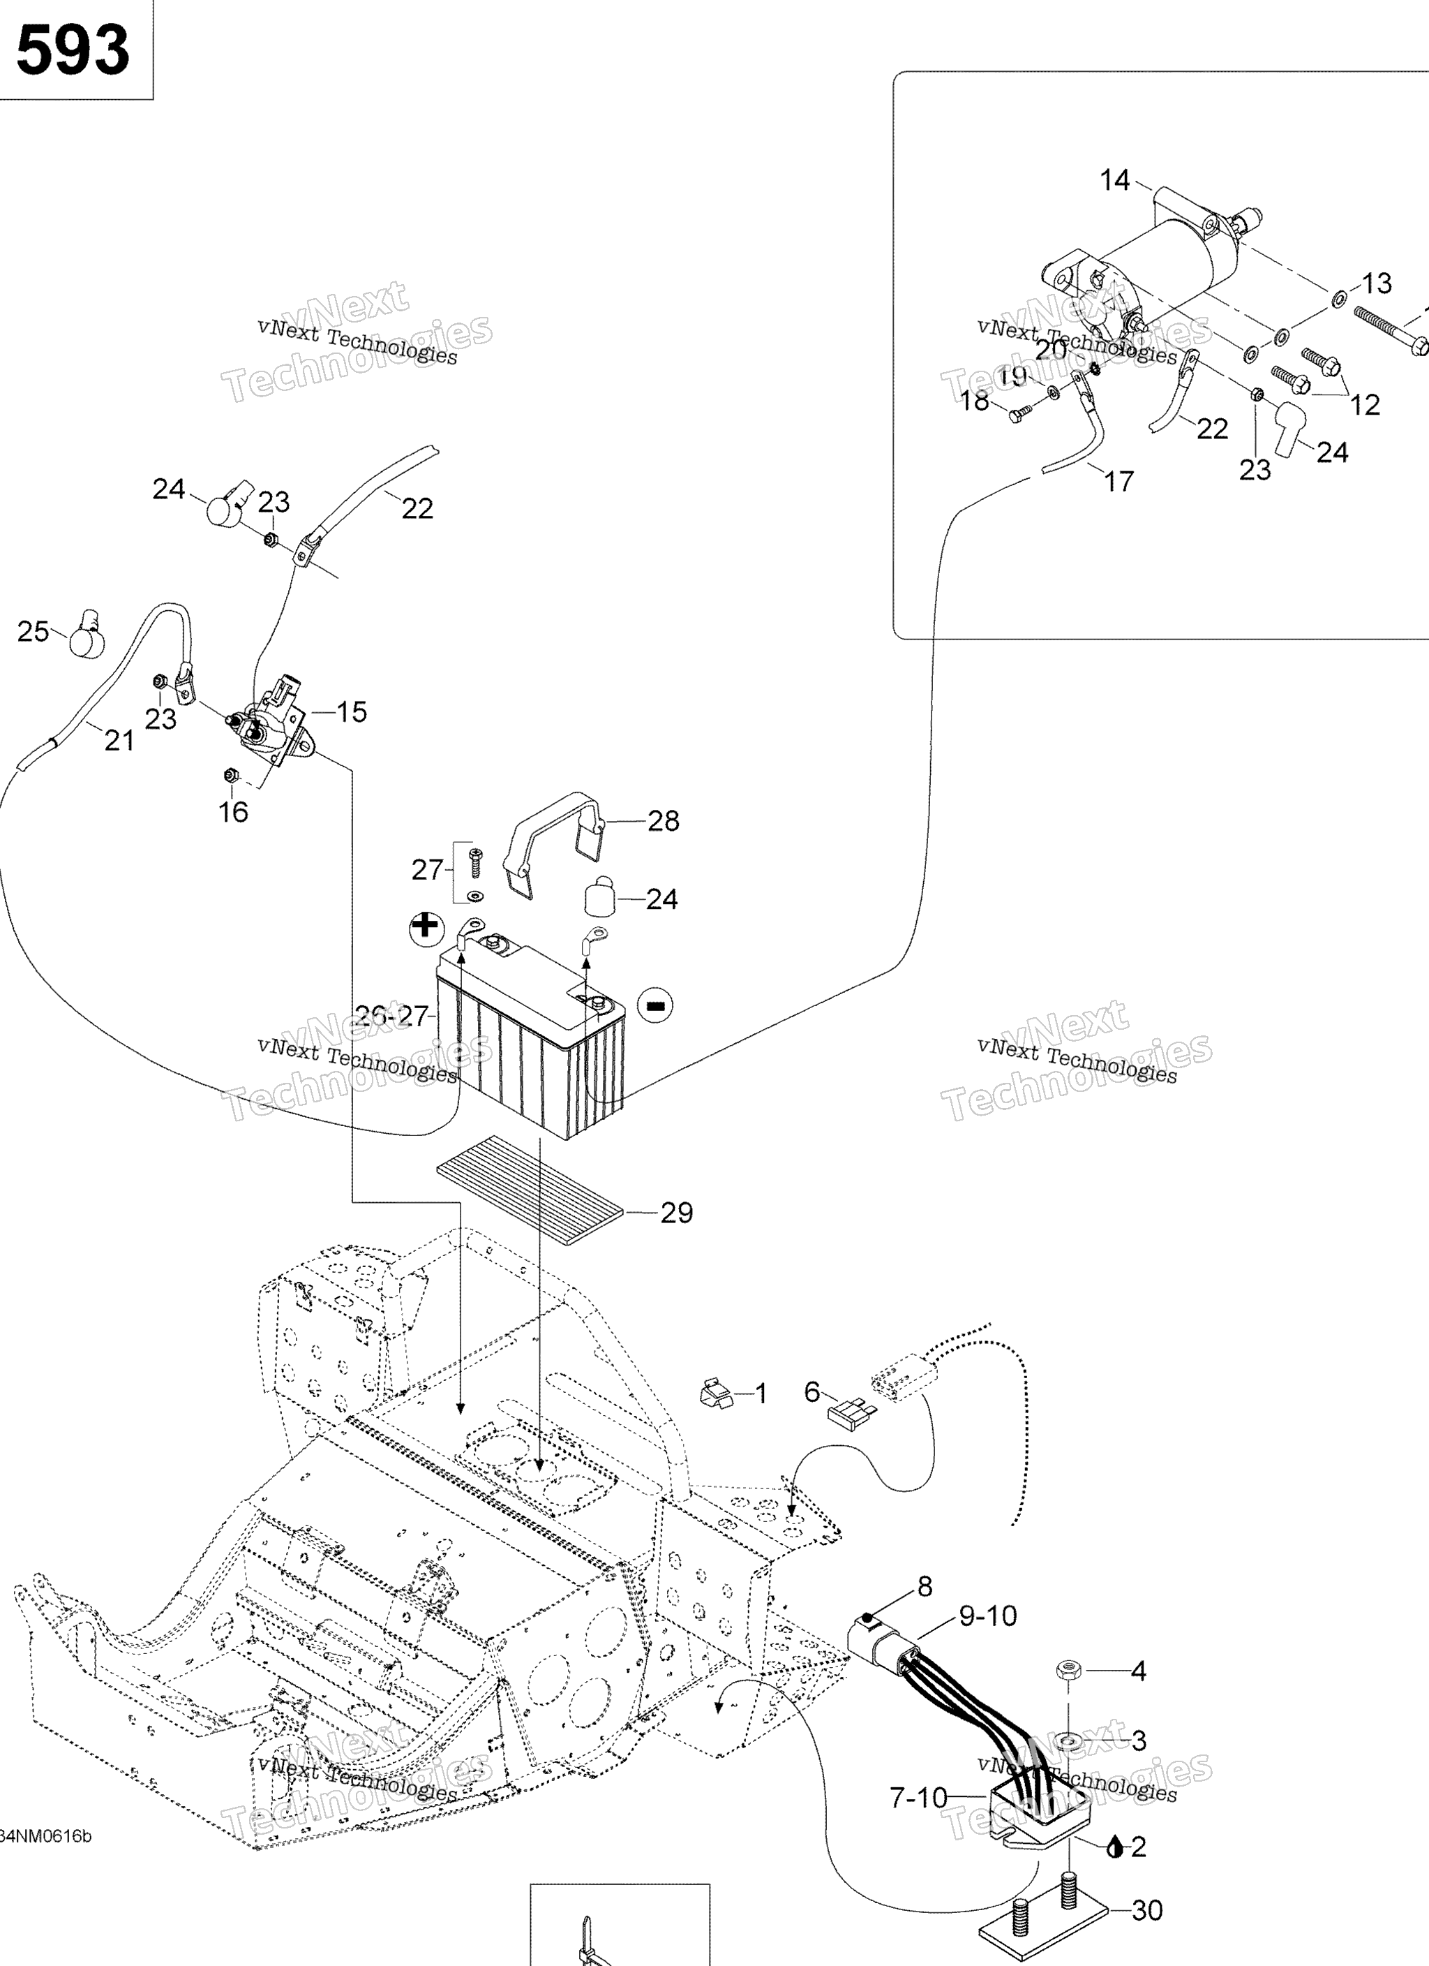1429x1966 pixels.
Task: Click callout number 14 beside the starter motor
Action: click(x=1114, y=180)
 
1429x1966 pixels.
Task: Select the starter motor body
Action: click(x=1161, y=260)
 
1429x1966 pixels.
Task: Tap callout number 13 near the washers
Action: click(x=1376, y=283)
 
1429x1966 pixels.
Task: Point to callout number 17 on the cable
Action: click(x=1118, y=481)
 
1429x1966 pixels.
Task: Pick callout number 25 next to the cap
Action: click(x=33, y=631)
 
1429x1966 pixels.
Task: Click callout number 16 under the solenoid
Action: click(x=233, y=812)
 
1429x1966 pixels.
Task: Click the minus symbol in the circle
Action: click(x=655, y=1005)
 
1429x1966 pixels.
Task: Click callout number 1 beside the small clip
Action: click(x=761, y=1394)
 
